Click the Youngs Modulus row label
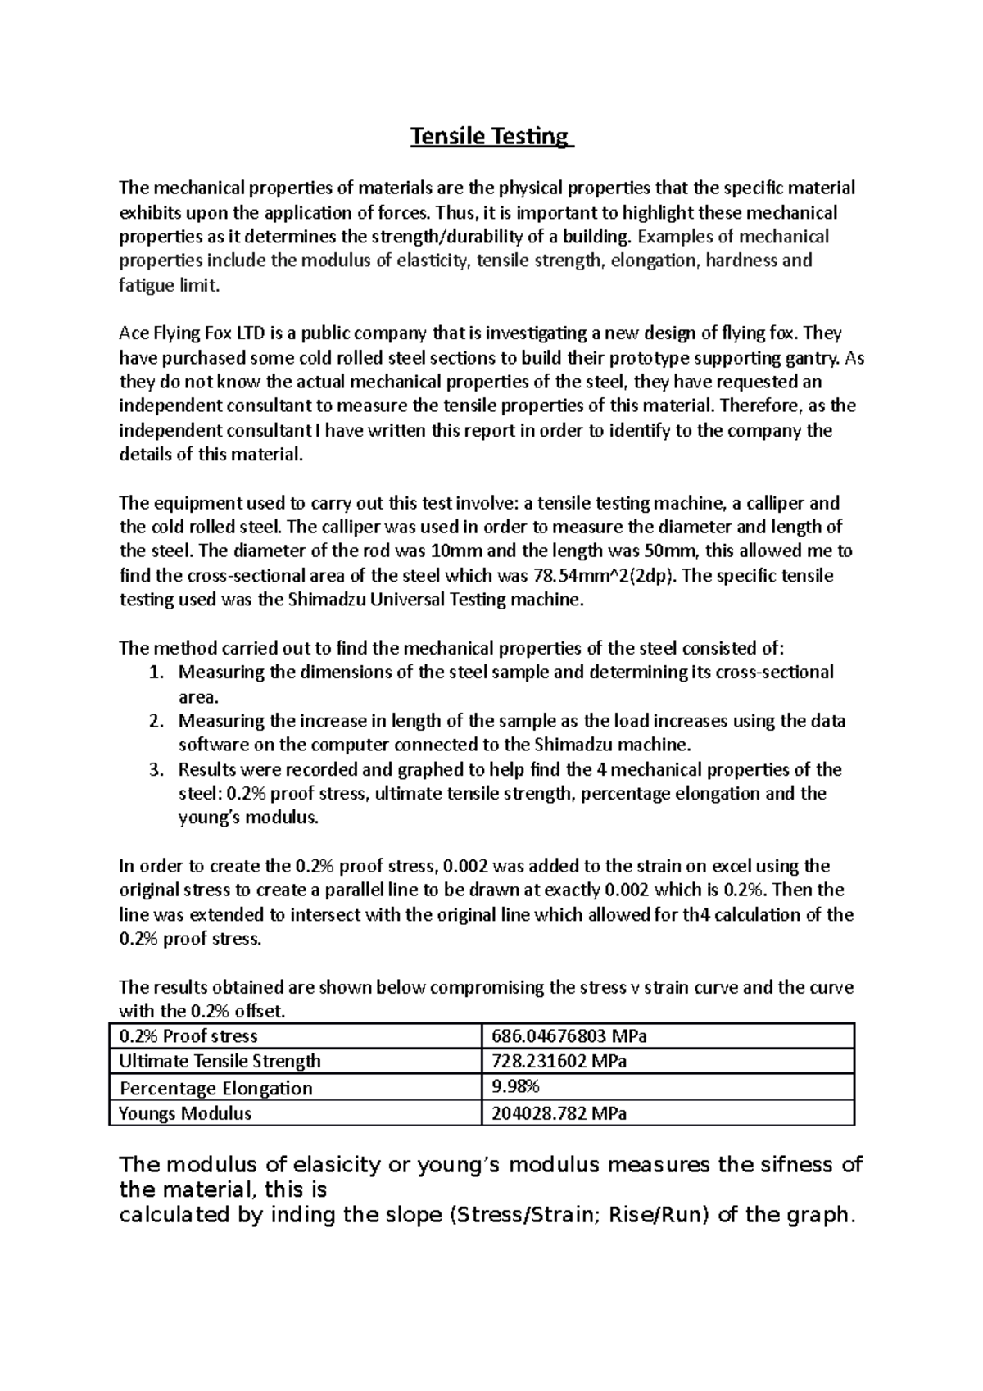[185, 1112]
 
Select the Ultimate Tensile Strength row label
[220, 1061]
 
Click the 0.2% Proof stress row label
[188, 1035]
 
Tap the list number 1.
[157, 673]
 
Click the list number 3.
[157, 769]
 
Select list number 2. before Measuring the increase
[157, 721]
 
